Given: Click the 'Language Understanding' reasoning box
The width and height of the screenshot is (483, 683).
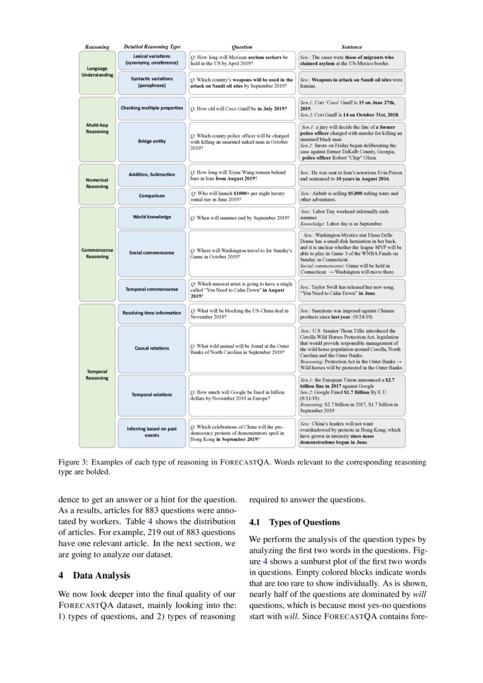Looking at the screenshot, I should tap(97, 72).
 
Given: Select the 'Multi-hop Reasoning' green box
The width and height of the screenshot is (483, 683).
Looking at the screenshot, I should tap(97, 128).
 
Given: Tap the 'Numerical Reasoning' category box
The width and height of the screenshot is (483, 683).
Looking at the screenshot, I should tap(97, 183).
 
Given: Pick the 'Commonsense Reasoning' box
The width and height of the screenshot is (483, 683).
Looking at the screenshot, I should tap(97, 253).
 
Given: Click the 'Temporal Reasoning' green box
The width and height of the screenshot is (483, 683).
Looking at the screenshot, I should tap(97, 374).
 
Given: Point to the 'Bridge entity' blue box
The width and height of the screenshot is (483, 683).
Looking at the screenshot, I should tap(152, 141).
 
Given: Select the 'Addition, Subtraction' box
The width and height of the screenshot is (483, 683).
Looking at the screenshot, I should tap(152, 174).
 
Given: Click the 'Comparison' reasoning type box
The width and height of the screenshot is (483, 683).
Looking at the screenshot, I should tap(152, 196).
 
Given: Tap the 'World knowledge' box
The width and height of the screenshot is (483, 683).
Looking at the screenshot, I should tap(152, 217).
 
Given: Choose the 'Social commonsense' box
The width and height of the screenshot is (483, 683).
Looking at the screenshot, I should tap(152, 253).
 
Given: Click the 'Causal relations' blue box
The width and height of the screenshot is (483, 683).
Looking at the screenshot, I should tap(152, 348).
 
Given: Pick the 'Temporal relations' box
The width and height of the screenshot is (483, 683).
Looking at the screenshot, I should tap(152, 394).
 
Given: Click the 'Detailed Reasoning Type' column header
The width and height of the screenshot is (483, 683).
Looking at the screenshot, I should tap(152, 47).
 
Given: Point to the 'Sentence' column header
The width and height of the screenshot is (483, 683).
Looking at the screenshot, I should tap(352, 47).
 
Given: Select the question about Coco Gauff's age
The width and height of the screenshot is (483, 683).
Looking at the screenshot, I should tap(242, 109).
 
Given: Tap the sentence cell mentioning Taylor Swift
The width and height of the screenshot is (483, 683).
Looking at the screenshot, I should tap(352, 289).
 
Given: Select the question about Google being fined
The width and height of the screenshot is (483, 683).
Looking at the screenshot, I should tap(242, 394).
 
